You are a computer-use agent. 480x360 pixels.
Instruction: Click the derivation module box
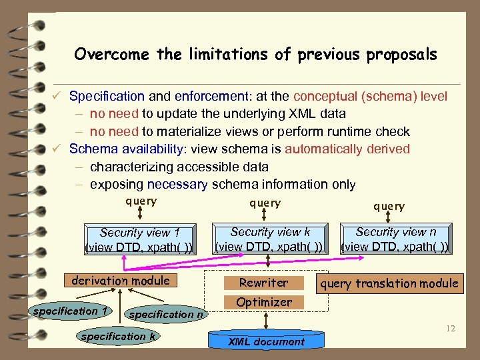coord(121,281)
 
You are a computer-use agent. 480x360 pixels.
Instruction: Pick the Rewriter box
coord(264,283)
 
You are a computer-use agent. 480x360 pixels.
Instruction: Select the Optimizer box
coord(264,302)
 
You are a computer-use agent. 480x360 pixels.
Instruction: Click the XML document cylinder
coord(266,341)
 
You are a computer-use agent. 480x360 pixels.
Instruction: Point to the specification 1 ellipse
coord(71,311)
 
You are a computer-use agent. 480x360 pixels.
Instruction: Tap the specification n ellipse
coord(166,314)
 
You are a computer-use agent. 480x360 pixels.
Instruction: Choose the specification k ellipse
coord(118,337)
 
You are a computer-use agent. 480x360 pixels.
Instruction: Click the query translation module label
coord(389,283)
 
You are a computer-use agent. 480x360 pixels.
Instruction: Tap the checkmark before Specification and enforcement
coord(59,97)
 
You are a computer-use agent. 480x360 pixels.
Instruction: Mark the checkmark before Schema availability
coord(59,149)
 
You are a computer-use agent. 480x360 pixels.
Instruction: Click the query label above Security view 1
coord(141,201)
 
